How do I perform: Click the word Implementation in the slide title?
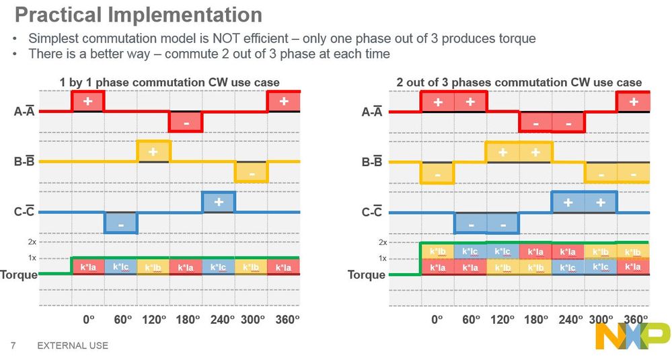tap(189, 14)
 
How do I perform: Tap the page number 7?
tap(13, 346)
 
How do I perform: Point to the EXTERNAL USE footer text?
tap(73, 346)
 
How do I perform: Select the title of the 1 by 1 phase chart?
tap(169, 83)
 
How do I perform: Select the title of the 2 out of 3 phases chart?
tap(519, 83)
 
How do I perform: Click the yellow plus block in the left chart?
tap(153, 151)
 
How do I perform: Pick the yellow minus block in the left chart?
tap(251, 172)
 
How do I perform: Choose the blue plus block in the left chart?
tap(219, 203)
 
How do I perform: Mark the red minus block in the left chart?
tap(186, 122)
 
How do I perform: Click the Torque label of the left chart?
tap(19, 275)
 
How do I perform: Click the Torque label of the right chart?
tap(367, 275)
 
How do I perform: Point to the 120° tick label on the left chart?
tap(154, 320)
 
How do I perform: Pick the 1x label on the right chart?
tap(382, 258)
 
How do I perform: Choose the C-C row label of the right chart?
tap(372, 213)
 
